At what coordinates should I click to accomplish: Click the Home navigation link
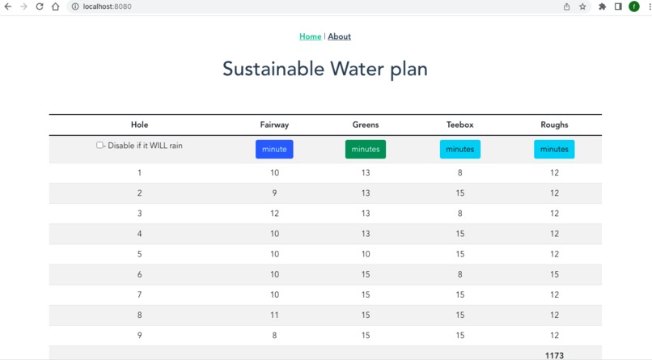pos(310,36)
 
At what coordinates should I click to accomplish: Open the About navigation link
pos(339,36)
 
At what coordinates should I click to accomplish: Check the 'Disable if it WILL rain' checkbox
pos(99,146)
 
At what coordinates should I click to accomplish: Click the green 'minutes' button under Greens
pos(366,149)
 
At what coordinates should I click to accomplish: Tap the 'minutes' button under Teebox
pos(459,149)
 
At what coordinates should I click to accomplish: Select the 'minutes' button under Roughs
pos(554,149)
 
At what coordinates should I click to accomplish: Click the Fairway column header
pos(274,125)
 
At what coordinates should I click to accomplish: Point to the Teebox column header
pos(459,125)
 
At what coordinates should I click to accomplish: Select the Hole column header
pos(139,125)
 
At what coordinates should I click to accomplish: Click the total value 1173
pos(554,355)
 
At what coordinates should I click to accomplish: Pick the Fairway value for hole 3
pos(274,214)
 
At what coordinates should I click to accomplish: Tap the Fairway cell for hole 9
pos(274,335)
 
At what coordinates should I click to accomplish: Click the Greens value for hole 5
pos(366,254)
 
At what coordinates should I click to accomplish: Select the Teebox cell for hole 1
pos(459,172)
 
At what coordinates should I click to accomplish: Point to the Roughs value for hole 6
pos(554,274)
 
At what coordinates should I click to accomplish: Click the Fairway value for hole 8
pos(274,315)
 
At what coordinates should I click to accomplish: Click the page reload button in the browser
pos(39,6)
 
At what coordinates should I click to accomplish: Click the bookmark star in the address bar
pos(582,6)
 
